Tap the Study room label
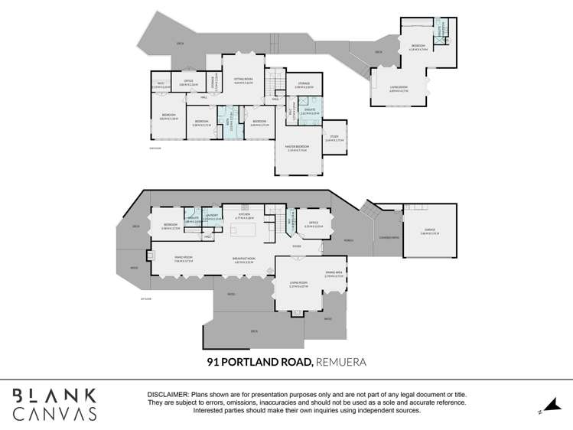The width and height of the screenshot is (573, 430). (x=334, y=139)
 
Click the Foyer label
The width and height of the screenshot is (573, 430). (x=296, y=246)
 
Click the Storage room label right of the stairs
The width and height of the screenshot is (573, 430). (x=303, y=86)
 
